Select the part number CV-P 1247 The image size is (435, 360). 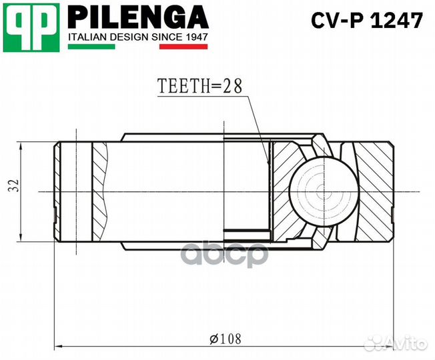[x=367, y=21]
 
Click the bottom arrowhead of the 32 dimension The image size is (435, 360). [x=23, y=240]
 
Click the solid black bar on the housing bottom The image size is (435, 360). [x=247, y=233]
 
